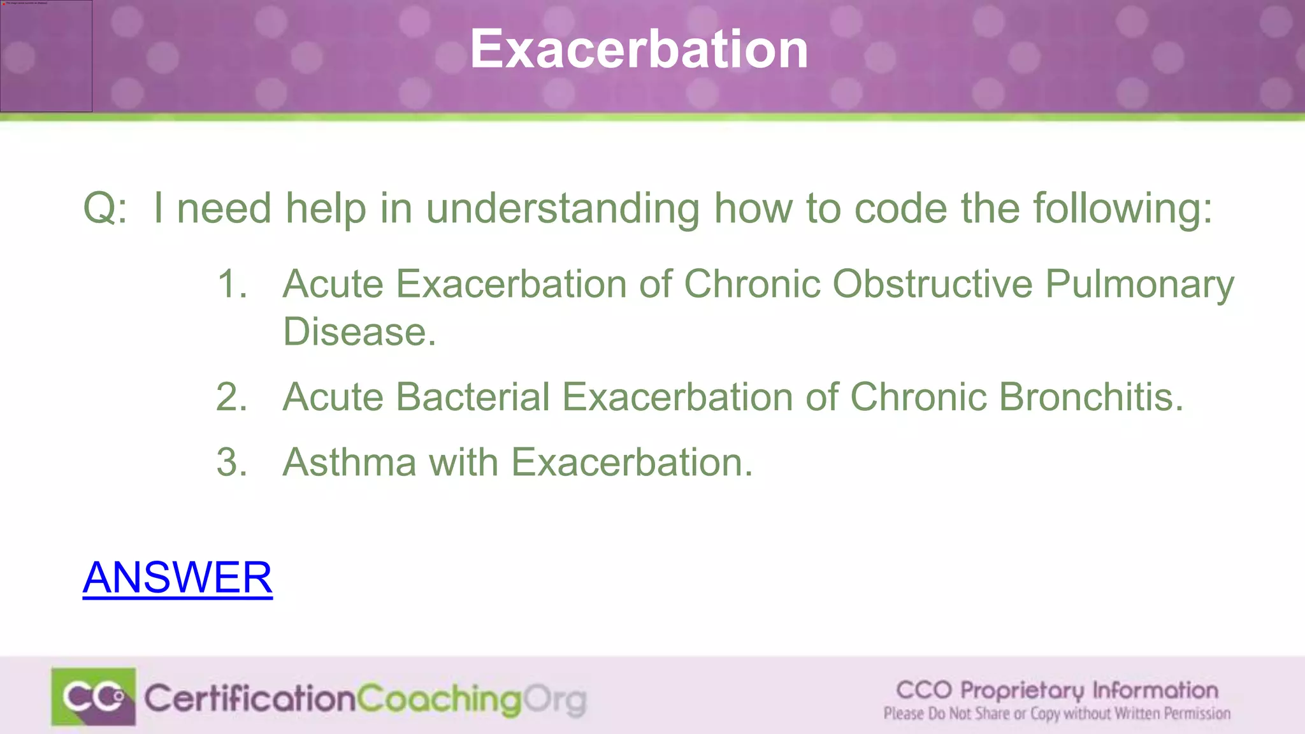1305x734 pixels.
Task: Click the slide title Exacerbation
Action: pos(639,49)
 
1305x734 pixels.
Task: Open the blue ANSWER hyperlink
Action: pos(177,577)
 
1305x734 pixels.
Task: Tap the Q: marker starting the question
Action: pos(105,208)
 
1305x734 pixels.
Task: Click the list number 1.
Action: pos(232,284)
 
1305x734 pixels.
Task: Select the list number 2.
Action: pos(232,397)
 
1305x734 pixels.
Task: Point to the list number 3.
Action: pos(232,462)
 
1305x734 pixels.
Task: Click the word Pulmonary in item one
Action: pos(1139,284)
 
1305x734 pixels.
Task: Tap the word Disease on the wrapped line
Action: pos(359,332)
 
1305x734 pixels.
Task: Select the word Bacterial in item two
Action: pos(472,397)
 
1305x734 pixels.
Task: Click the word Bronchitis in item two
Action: pos(1090,397)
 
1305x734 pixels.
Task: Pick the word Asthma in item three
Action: pos(349,462)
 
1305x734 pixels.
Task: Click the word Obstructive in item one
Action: pos(932,284)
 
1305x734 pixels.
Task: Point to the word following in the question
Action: pos(1122,208)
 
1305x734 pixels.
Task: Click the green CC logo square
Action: pos(94,696)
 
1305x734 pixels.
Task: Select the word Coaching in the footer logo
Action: pos(439,699)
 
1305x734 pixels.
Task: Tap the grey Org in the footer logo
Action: pos(555,700)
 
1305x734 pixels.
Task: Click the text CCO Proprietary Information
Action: pos(1057,690)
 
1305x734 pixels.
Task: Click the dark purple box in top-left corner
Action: pos(46,56)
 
